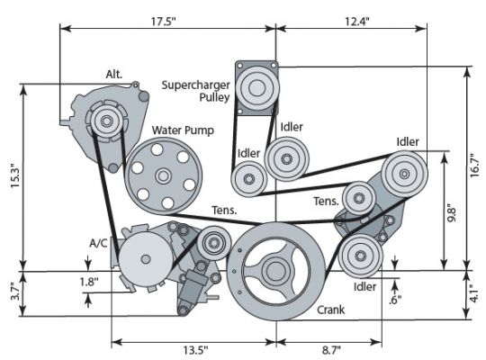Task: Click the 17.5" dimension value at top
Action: (x=163, y=22)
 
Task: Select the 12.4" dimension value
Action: (x=357, y=22)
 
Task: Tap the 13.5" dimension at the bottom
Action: (x=195, y=350)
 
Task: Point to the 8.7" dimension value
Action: (x=331, y=350)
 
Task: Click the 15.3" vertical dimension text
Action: (x=15, y=175)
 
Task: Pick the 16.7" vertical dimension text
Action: (x=474, y=165)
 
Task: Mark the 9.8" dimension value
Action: (x=451, y=212)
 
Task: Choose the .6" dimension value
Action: (x=395, y=299)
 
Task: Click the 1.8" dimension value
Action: (x=89, y=282)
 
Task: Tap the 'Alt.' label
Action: (x=114, y=74)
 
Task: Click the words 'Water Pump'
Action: (x=183, y=130)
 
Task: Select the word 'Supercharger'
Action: (x=195, y=85)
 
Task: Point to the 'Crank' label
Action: (x=330, y=310)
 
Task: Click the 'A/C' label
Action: (x=98, y=243)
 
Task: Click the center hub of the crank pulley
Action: (x=274, y=271)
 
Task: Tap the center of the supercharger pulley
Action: (x=256, y=88)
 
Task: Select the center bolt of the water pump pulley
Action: (x=163, y=175)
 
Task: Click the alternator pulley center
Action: (x=106, y=121)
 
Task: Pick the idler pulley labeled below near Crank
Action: (x=360, y=256)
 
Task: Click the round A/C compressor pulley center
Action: (x=145, y=259)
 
